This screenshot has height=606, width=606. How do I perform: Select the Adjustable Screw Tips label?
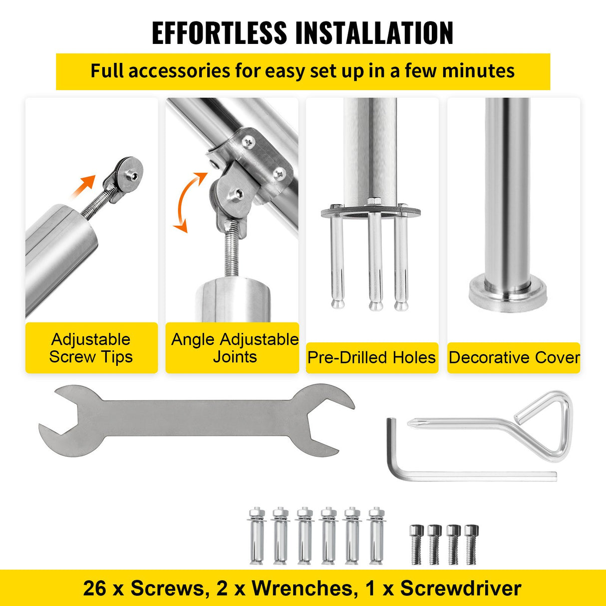(91, 348)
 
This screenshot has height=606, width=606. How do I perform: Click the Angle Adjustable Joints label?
(235, 348)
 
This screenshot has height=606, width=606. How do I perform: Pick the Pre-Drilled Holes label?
(371, 357)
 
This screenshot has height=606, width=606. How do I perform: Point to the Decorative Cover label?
(514, 357)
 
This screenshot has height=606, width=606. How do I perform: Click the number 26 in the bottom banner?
(94, 588)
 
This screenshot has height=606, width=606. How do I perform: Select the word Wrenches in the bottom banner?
(302, 588)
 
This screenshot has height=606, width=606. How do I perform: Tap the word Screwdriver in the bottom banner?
(460, 588)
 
